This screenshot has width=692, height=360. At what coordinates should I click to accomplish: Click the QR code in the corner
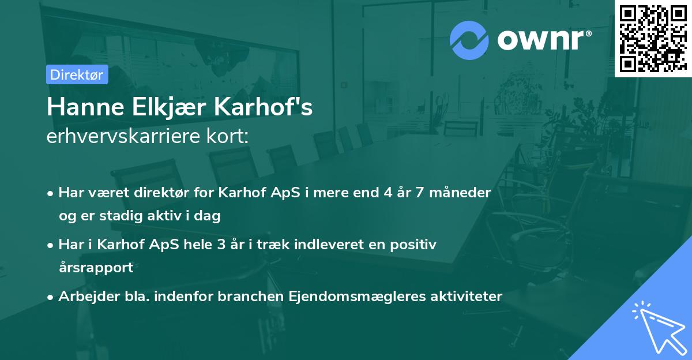coord(652,38)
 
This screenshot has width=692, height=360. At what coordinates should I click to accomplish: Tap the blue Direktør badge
coord(77,74)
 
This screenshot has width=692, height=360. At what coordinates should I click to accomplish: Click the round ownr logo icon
coord(469,40)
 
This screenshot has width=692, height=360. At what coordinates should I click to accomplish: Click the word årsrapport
coord(96,268)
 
